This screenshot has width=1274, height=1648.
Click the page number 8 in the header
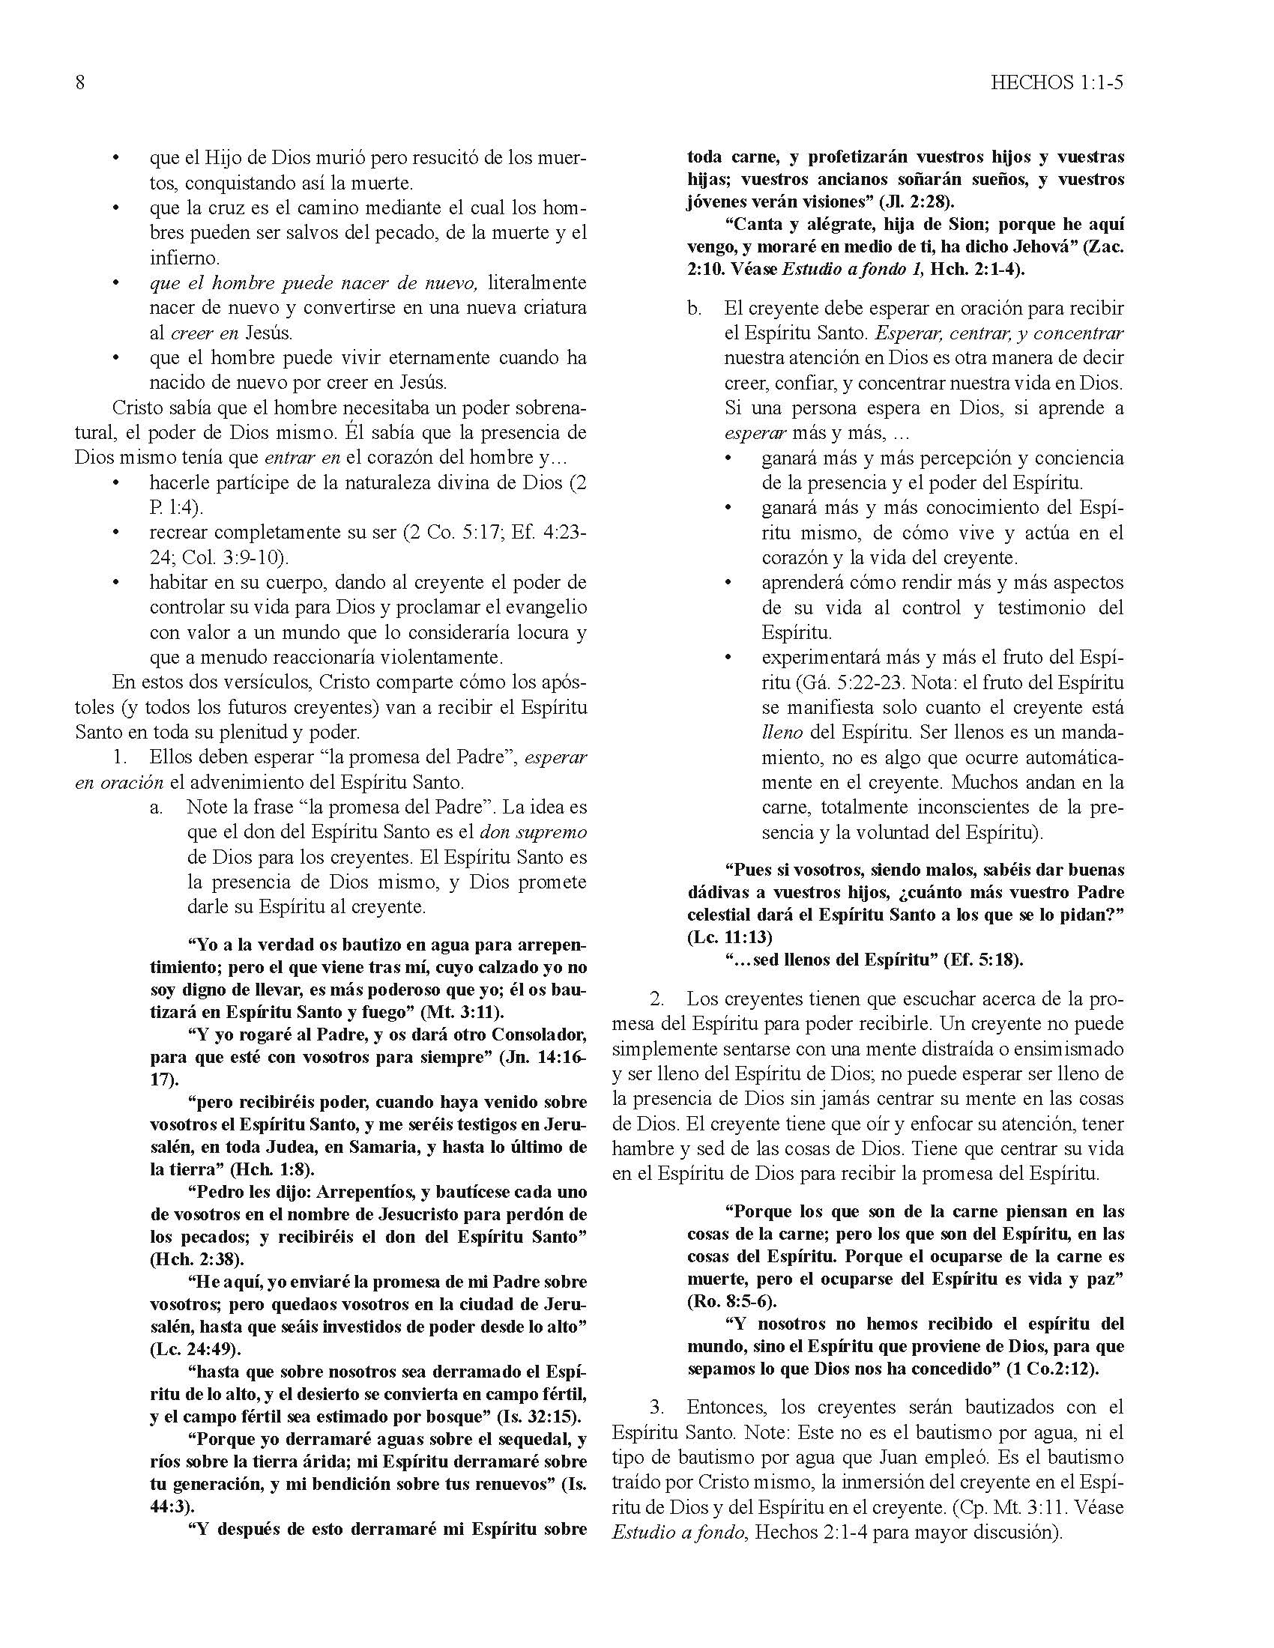(x=80, y=82)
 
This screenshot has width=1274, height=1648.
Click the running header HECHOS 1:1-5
(x=1057, y=82)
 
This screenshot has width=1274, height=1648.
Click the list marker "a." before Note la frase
(x=156, y=808)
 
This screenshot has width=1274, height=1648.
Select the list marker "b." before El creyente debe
(x=695, y=309)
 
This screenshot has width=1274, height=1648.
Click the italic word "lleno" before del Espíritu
(x=781, y=733)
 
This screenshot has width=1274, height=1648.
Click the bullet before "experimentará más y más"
(x=728, y=658)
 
